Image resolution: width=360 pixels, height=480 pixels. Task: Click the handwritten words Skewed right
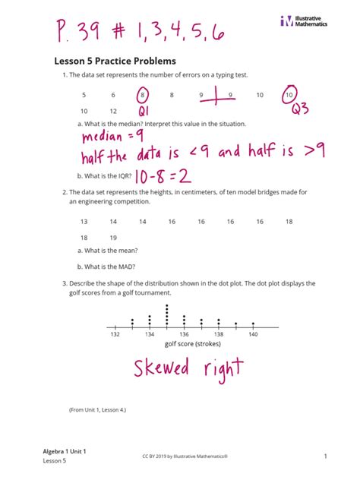189,371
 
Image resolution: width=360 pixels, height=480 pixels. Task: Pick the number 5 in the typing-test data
84,95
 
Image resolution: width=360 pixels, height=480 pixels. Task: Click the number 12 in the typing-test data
113,110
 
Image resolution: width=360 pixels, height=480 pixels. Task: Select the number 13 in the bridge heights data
84,221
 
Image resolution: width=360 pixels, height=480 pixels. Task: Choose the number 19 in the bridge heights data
113,236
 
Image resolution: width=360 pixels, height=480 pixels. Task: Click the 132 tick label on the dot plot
115,334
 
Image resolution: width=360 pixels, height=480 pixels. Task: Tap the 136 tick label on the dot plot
184,334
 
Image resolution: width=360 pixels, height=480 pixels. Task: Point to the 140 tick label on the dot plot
253,334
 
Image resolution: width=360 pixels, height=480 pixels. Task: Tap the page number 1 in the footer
324,456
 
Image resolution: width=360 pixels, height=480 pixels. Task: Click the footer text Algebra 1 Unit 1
65,451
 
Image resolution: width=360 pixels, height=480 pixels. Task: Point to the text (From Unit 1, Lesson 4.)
97,410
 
